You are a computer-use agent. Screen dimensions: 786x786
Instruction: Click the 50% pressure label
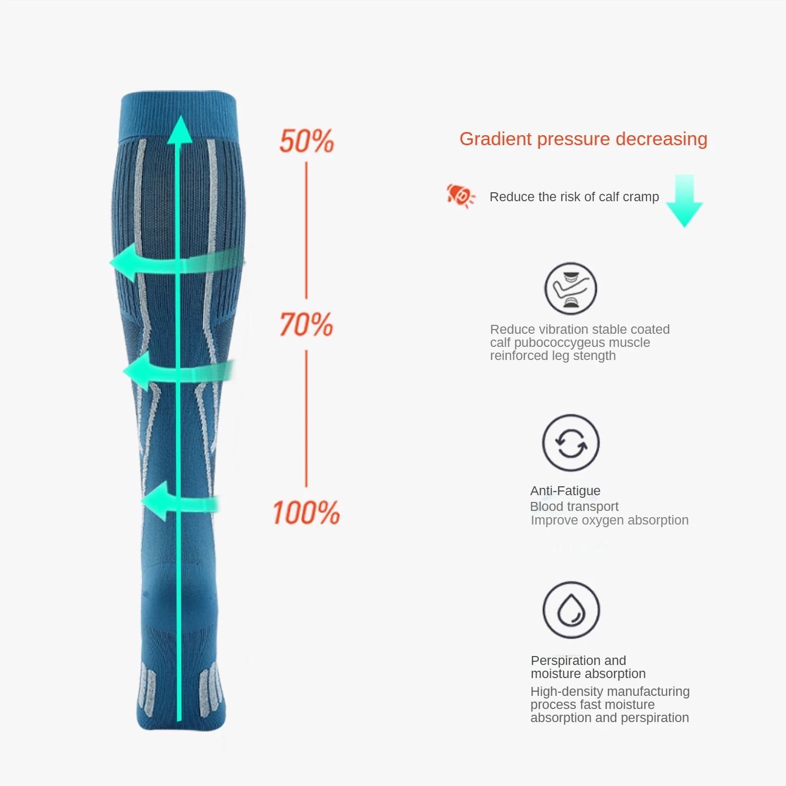coord(307,141)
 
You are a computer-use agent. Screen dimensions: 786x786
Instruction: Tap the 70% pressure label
coord(306,324)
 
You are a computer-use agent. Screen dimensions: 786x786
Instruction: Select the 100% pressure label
coord(306,512)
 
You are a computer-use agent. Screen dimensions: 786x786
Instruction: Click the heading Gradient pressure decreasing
coord(583,139)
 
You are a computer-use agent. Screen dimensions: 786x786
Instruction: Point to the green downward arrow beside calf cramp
coord(684,202)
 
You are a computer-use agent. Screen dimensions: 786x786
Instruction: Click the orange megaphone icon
coord(460,196)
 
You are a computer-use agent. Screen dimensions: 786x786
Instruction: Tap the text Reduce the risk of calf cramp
coord(574,197)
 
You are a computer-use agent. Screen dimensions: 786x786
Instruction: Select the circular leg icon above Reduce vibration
coord(571,289)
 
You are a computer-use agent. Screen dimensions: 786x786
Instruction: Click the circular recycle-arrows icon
coord(571,443)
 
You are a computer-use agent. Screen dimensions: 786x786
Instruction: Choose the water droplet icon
coord(571,610)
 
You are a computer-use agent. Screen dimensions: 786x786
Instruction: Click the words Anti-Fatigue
coord(565,491)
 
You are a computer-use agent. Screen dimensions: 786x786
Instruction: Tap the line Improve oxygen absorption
coord(609,520)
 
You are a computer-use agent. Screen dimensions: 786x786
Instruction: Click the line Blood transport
coord(574,507)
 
